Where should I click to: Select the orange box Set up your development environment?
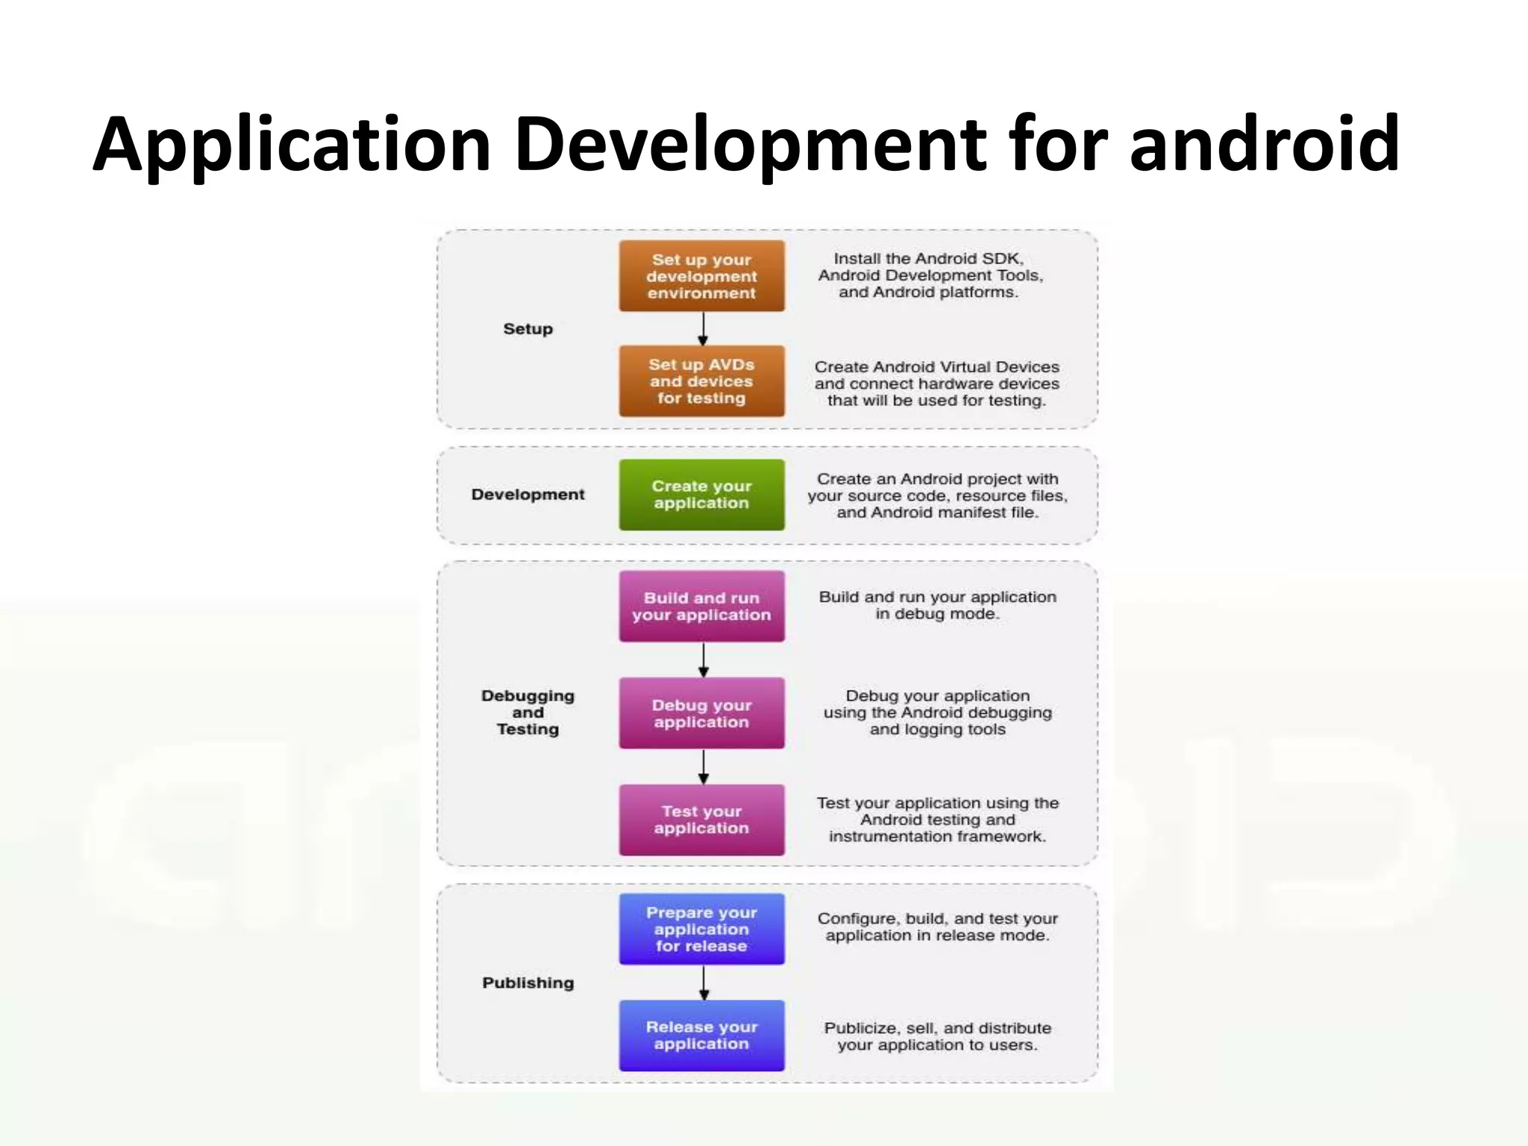(701, 276)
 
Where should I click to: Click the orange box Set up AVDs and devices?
(701, 381)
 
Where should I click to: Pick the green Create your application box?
(701, 495)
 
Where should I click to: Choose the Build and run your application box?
(701, 607)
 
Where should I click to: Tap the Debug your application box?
(701, 713)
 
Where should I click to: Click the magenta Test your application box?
(701, 820)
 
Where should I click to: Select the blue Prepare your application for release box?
(701, 929)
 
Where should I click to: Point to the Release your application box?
(701, 1036)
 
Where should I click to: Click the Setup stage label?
(527, 329)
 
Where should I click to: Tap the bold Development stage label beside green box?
(527, 495)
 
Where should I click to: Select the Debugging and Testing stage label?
(527, 713)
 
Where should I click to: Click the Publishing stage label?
(527, 983)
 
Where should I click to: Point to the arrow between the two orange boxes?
(703, 329)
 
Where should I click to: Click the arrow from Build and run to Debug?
(703, 660)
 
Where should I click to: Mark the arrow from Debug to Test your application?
(703, 766)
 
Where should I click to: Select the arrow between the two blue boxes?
(703, 983)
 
